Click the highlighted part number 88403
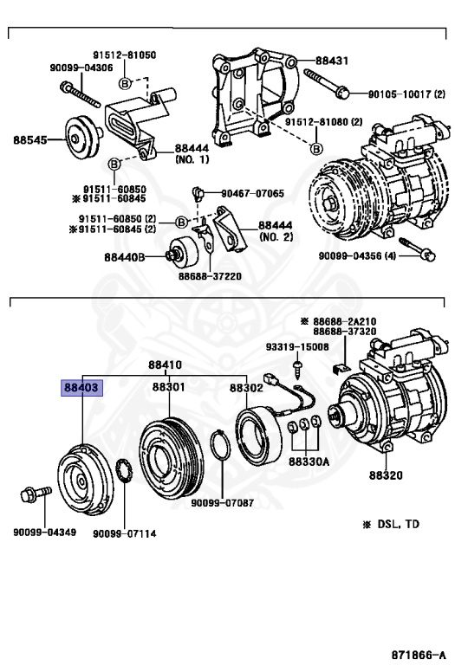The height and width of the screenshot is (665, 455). pyautogui.click(x=80, y=388)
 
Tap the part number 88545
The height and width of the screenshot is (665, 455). pyautogui.click(x=30, y=139)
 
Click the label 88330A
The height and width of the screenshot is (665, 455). pyautogui.click(x=309, y=462)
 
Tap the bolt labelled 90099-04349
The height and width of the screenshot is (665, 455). pyautogui.click(x=29, y=498)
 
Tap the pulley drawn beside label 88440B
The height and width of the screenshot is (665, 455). pyautogui.click(x=185, y=253)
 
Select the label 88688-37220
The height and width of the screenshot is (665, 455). pyautogui.click(x=210, y=276)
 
